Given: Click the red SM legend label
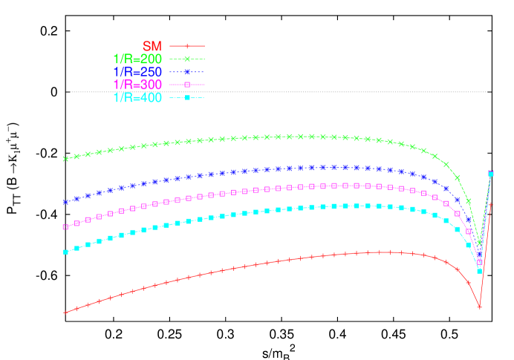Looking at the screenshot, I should [x=152, y=46].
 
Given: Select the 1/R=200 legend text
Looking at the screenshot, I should [x=137, y=59].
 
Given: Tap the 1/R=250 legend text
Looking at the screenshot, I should [x=137, y=72].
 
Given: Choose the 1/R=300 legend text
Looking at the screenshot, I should [x=137, y=85].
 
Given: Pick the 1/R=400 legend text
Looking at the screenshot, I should [x=137, y=98].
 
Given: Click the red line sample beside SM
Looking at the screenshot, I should [x=187, y=46].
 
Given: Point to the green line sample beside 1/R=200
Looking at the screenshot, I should [x=187, y=59].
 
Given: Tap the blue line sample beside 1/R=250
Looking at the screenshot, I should [x=187, y=72].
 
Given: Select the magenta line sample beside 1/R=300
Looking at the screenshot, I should [x=187, y=85].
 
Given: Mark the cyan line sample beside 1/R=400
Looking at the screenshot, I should [x=187, y=98].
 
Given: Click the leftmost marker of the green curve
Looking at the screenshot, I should [x=65, y=158].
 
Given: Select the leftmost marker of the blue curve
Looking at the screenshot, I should [x=65, y=201].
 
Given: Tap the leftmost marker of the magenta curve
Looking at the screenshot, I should [x=65, y=226].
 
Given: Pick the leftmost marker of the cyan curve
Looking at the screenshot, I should [x=65, y=252].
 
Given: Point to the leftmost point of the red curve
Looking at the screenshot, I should [x=65, y=312].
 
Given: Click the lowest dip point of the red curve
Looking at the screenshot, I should [x=480, y=307].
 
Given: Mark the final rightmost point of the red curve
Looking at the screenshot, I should [x=491, y=203].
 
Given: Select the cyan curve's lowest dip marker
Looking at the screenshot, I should [x=480, y=271].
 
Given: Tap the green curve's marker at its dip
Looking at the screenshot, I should [x=480, y=243].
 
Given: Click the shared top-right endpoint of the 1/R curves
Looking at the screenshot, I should [x=491, y=173].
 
